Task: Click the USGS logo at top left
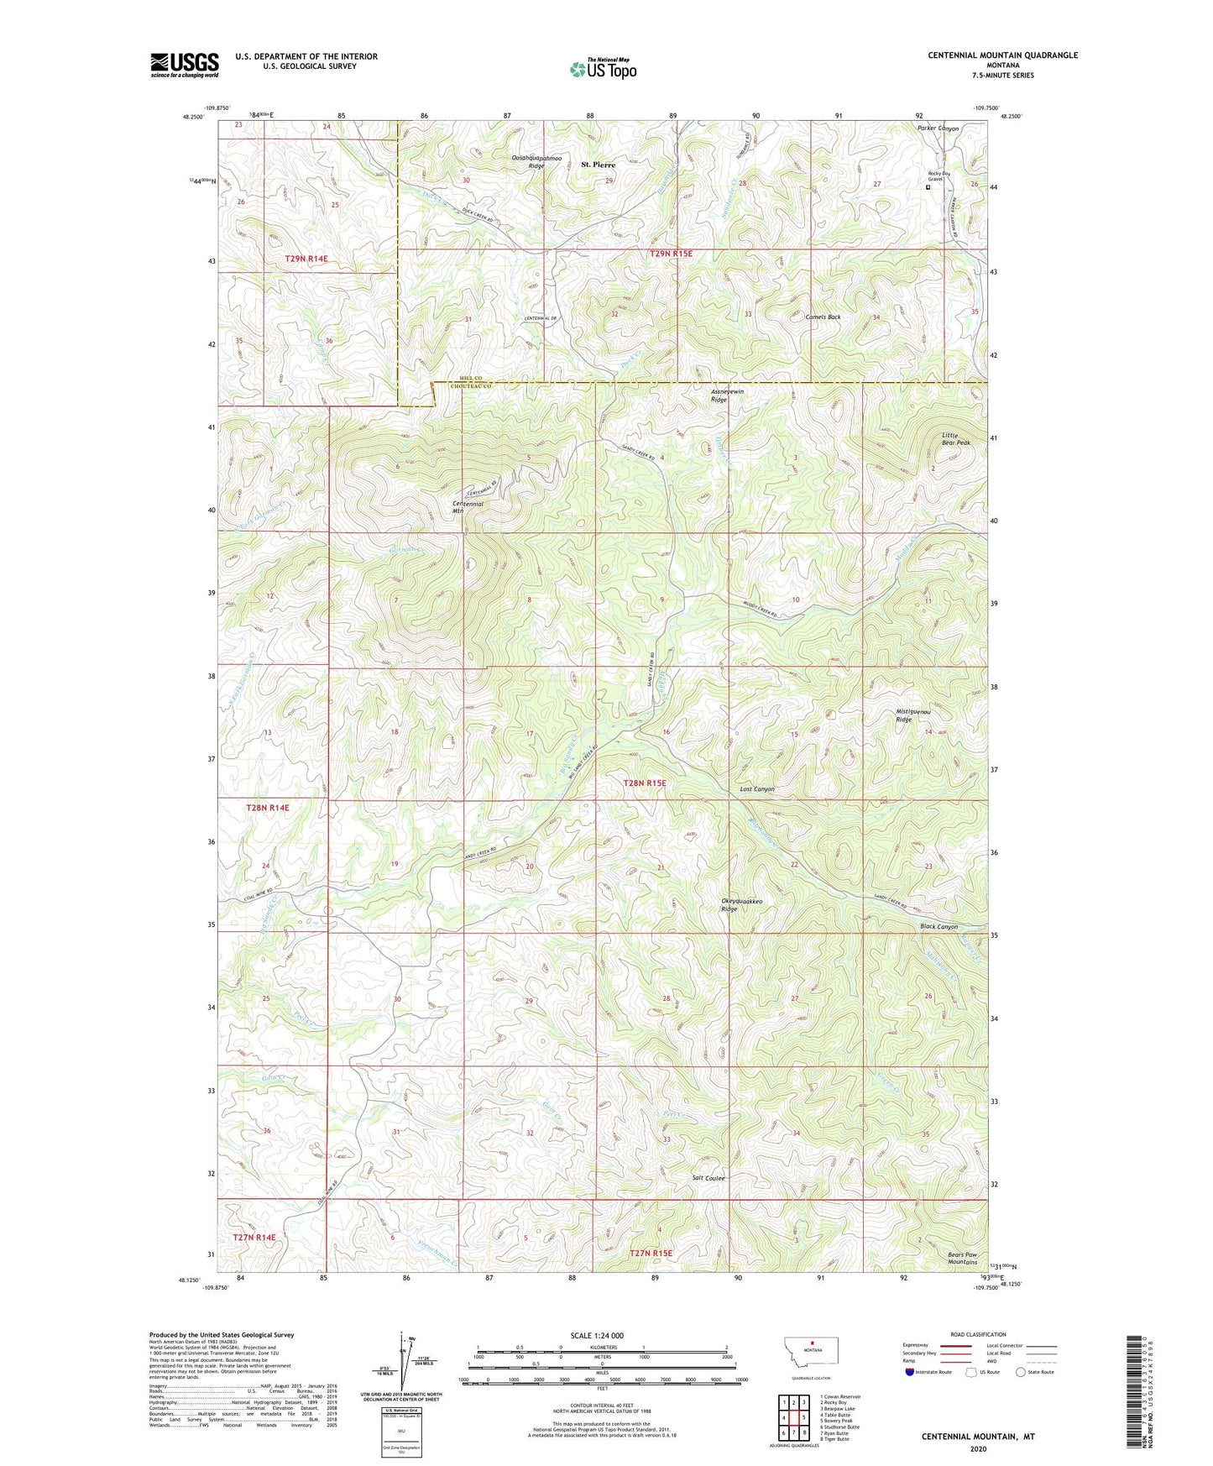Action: tap(184, 65)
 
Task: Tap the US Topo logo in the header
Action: tap(603, 69)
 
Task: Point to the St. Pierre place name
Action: tap(599, 165)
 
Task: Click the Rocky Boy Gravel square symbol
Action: tap(928, 188)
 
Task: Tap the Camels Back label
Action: tap(823, 317)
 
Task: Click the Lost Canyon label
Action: tap(756, 789)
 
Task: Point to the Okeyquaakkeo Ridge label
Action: tap(742, 905)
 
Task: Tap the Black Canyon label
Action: tap(939, 927)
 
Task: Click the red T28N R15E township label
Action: tap(645, 783)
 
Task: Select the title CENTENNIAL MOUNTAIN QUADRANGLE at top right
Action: tap(1002, 55)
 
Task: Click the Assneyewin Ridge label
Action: tap(728, 395)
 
